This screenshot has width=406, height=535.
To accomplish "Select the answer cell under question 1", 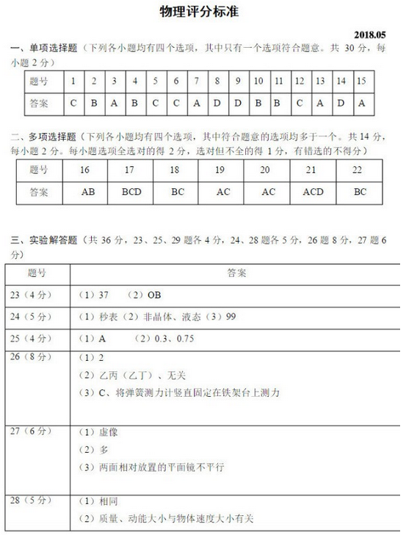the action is (73, 104).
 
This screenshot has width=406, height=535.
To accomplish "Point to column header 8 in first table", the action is (217, 81).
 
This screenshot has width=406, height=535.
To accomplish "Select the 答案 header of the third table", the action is (236, 273).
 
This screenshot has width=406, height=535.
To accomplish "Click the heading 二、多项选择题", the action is (46, 137).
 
